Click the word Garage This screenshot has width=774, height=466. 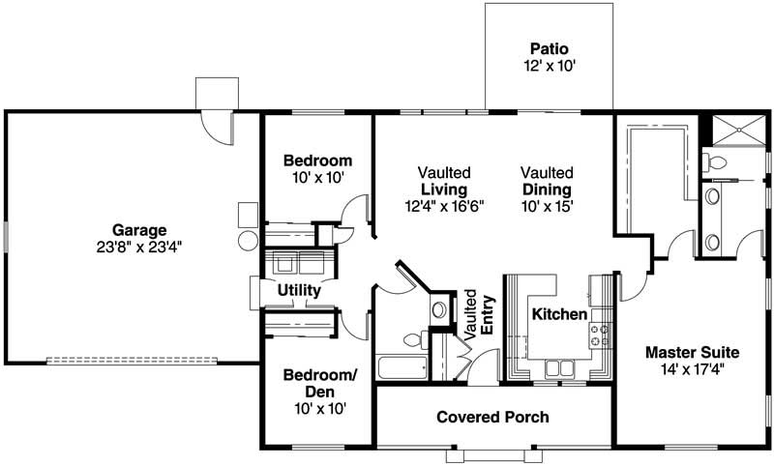[x=139, y=230]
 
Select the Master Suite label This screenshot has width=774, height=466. [x=693, y=351]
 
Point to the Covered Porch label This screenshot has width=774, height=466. [x=492, y=418]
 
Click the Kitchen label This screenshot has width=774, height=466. [x=558, y=314]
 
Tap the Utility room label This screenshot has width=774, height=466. [x=299, y=289]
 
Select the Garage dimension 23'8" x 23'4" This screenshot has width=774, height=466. [x=139, y=247]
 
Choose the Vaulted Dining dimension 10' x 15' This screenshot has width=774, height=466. [x=547, y=205]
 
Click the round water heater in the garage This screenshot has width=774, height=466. [x=247, y=238]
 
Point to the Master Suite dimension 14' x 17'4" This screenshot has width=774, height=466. [x=693, y=368]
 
